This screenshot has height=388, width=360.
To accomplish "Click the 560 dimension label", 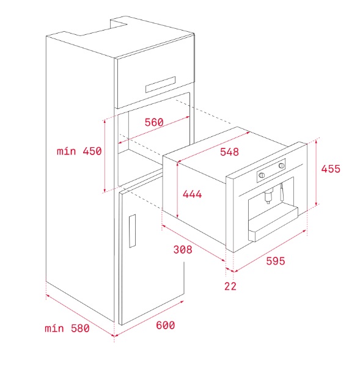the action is tap(154, 122).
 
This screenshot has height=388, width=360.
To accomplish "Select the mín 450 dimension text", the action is tap(79, 151).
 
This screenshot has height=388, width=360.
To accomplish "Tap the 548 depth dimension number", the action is tap(230, 152).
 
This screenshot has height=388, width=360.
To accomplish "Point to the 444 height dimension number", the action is tap(192, 194).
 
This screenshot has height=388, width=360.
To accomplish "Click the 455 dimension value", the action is tap(331, 169).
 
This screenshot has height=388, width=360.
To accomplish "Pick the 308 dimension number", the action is tap(183, 249).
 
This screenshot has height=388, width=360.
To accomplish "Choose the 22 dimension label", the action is tap(230, 287).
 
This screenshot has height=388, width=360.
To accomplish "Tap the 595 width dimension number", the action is tap(276, 261).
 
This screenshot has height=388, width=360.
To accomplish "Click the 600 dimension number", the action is tap(166, 325).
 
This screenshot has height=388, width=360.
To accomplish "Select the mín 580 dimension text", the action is tap(67, 328).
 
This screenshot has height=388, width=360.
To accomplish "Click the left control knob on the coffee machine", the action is tap(262, 175).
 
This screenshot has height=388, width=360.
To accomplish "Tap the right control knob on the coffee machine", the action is tap(282, 166).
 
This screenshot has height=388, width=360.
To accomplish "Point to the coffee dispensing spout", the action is tap(268, 196).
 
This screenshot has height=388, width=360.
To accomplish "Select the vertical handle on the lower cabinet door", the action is tap(132, 231).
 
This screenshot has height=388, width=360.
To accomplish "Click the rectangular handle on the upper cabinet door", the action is tap(160, 85).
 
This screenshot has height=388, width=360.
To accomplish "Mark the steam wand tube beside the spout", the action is tap(282, 192).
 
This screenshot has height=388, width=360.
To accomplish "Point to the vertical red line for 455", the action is tap(316, 173).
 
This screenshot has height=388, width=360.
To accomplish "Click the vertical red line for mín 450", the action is tap(105, 156).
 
